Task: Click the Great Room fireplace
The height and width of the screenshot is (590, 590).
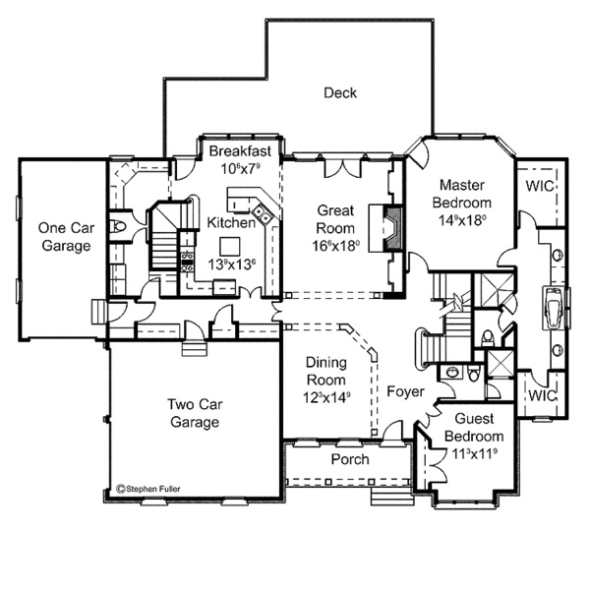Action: [390, 227]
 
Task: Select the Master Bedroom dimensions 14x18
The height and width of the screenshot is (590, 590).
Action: [463, 220]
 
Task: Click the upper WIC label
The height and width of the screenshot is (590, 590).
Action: [539, 185]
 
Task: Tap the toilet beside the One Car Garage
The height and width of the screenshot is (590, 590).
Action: [119, 228]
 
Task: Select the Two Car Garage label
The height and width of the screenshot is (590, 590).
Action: [193, 413]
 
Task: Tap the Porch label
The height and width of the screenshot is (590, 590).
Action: [349, 459]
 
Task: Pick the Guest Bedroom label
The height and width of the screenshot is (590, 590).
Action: [474, 428]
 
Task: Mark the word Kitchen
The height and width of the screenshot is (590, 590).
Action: [232, 223]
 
